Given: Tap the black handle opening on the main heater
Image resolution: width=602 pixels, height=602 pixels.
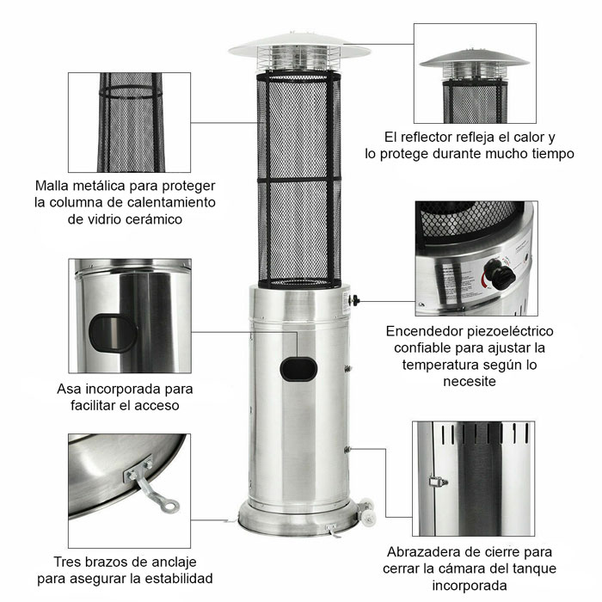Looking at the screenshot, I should click(298, 370).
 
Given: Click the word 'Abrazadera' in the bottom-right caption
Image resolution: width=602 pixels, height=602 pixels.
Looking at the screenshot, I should click(422, 551).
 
